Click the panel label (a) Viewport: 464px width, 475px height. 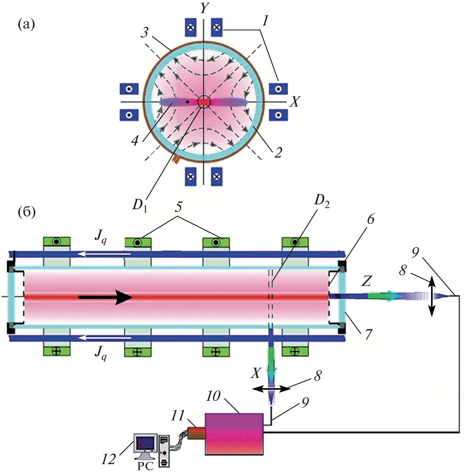pos(26,25)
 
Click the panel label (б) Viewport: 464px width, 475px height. pos(27,212)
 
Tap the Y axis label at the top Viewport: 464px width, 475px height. pos(204,7)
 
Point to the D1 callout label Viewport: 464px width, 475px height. pos(140,205)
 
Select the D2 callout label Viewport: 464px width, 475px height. pos(321,201)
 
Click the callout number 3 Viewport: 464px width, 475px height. pos(145,33)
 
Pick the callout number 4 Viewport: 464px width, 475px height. pos(135,140)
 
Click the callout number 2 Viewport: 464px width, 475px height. pos(278,152)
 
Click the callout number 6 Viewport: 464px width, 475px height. pos(370,219)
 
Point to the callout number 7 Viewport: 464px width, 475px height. pos(369,334)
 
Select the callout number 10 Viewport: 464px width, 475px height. pos(213,396)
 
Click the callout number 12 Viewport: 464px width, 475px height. pos(109,459)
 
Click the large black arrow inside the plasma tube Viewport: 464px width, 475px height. pos(105,297)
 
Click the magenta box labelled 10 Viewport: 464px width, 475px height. pos(234,434)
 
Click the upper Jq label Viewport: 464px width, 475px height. pos(100,237)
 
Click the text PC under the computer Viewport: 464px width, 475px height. pos(145,466)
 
